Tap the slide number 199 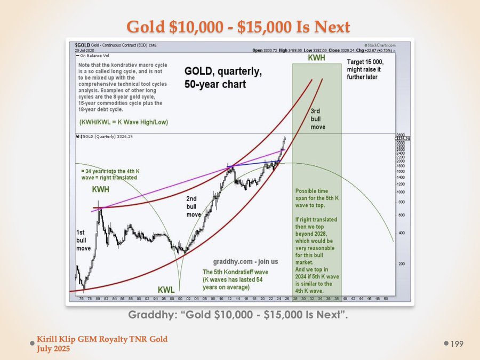(456, 345)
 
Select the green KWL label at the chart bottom (166, 290)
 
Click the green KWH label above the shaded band (317, 57)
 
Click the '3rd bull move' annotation (318, 119)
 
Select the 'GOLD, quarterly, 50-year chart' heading (214, 78)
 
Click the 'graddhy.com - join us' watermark (238, 262)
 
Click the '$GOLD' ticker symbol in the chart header (82, 44)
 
